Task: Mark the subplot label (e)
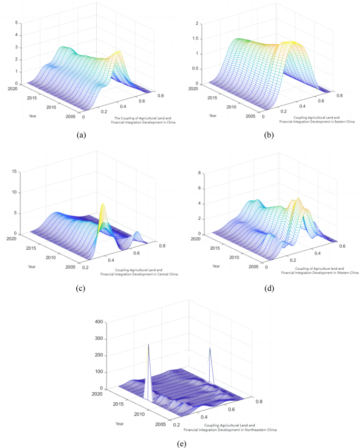[x=181, y=443]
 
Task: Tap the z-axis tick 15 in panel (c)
[x=15, y=171]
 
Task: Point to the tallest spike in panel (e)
[x=149, y=345]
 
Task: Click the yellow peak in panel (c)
[x=103, y=205]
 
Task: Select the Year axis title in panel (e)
[x=121, y=424]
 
